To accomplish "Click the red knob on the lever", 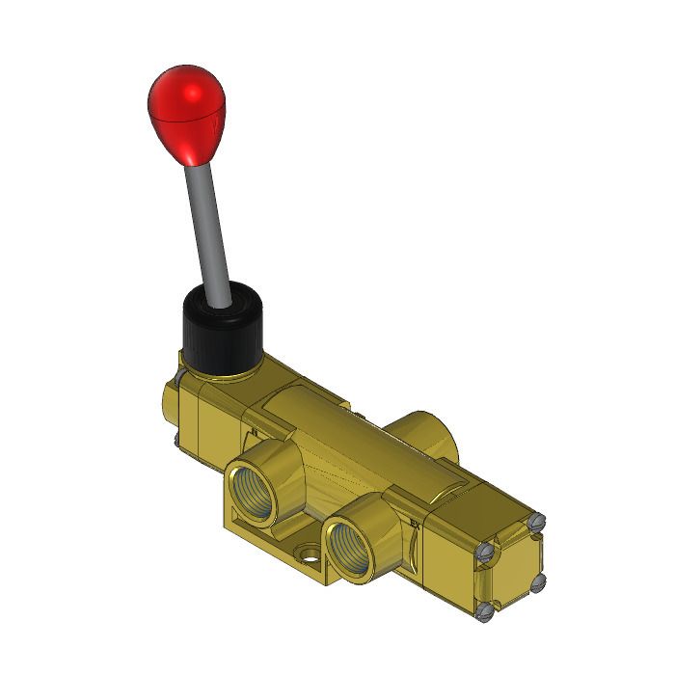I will (x=186, y=111).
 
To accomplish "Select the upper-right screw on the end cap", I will (x=537, y=524).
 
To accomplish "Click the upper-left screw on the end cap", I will (x=487, y=552).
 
